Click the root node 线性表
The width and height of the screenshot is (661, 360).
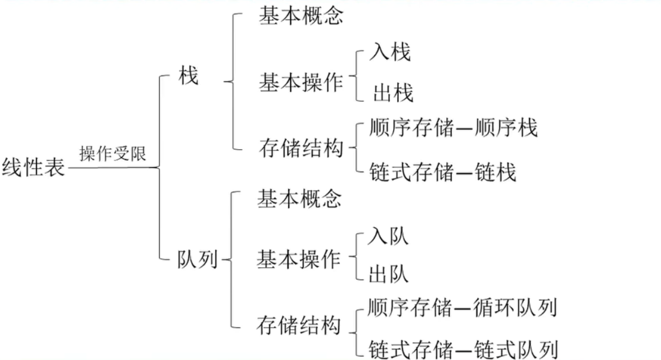pyautogui.click(x=33, y=167)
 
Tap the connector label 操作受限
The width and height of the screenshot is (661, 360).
pyautogui.click(x=112, y=154)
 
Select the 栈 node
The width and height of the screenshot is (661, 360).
pyautogui.click(x=188, y=77)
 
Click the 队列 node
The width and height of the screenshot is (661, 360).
pyautogui.click(x=197, y=260)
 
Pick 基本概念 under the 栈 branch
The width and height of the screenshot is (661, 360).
pyautogui.click(x=300, y=16)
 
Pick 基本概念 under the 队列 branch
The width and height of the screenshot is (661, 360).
pyautogui.click(x=299, y=198)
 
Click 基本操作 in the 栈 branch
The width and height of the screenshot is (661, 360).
pyautogui.click(x=301, y=83)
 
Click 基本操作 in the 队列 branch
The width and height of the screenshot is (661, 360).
pyautogui.click(x=299, y=259)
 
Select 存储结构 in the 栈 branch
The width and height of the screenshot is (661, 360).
pyautogui.click(x=301, y=149)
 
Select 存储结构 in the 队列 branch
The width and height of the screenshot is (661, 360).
pyautogui.click(x=299, y=325)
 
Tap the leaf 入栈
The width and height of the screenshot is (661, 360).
pyautogui.click(x=390, y=53)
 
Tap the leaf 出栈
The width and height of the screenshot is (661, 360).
pyautogui.click(x=393, y=94)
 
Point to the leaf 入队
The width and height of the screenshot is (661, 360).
pyautogui.click(x=389, y=237)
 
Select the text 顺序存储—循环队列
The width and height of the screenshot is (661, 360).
pyautogui.click(x=462, y=308)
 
